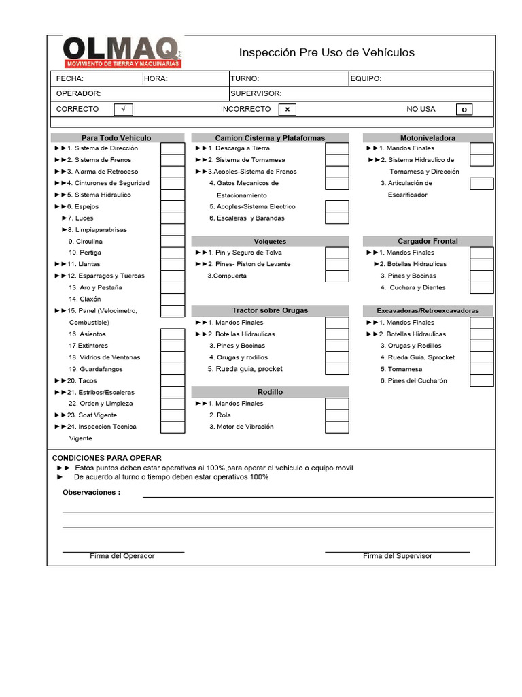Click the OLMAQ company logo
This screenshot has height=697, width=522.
tap(122, 52)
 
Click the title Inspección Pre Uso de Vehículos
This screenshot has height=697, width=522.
tap(326, 53)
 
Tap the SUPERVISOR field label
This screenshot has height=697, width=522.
tap(256, 93)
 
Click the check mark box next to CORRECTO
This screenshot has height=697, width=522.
tap(123, 110)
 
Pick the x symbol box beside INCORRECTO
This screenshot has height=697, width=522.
tap(287, 110)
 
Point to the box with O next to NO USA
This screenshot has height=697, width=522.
tap(464, 110)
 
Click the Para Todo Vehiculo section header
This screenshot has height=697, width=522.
tap(116, 137)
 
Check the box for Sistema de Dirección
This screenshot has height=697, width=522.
tap(173, 148)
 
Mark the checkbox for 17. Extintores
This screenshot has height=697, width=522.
tap(173, 346)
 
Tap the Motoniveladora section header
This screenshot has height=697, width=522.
tap(428, 137)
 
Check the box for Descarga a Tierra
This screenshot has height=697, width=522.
tap(336, 148)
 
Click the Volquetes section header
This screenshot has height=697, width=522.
tap(270, 241)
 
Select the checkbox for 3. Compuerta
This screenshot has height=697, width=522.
tap(336, 276)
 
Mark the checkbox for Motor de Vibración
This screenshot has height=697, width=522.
tap(336, 427)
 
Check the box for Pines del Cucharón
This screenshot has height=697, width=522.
tap(481, 380)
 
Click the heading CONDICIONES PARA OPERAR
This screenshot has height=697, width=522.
tap(107, 458)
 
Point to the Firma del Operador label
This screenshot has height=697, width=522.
tap(122, 556)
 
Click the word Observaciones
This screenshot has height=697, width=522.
tap(91, 492)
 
